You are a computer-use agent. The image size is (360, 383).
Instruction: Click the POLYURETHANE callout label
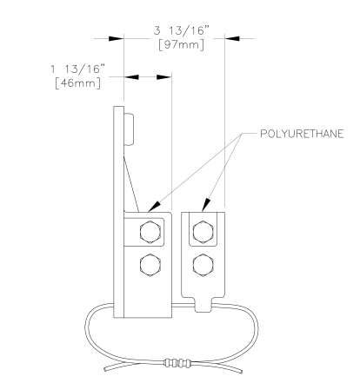pyautogui.click(x=302, y=134)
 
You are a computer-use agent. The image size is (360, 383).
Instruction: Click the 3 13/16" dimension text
pyautogui.click(x=182, y=30)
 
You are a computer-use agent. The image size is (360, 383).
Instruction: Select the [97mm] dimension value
pyautogui.click(x=181, y=45)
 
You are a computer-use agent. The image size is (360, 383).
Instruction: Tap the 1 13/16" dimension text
pyautogui.click(x=77, y=69)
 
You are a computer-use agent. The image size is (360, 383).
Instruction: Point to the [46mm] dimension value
pyautogui.click(x=78, y=83)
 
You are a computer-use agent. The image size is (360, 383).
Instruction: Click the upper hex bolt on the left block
pyautogui.click(x=150, y=232)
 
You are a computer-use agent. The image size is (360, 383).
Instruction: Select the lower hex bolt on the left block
pyautogui.click(x=150, y=265)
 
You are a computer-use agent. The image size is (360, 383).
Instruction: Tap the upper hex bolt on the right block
pyautogui.click(x=203, y=232)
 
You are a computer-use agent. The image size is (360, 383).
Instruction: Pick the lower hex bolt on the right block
pyautogui.click(x=203, y=265)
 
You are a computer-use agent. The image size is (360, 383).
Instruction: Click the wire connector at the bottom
pyautogui.click(x=177, y=362)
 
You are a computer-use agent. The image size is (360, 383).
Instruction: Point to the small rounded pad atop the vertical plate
pyautogui.click(x=129, y=129)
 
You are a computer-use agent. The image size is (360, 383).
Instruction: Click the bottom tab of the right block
pyautogui.click(x=203, y=305)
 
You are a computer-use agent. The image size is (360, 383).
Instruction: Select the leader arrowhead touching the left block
pyautogui.click(x=154, y=206)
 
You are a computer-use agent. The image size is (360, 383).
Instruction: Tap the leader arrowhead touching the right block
pyautogui.click(x=205, y=205)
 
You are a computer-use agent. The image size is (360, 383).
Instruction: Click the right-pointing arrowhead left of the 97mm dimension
pyautogui.click(x=117, y=38)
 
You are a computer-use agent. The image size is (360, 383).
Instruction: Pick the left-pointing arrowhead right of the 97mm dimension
pyautogui.click(x=232, y=38)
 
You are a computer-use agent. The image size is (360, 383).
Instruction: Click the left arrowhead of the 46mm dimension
pyautogui.click(x=131, y=77)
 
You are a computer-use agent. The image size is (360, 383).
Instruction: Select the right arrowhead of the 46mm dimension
pyautogui.click(x=164, y=77)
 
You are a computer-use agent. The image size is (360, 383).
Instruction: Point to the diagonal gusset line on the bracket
pyautogui.click(x=131, y=184)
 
